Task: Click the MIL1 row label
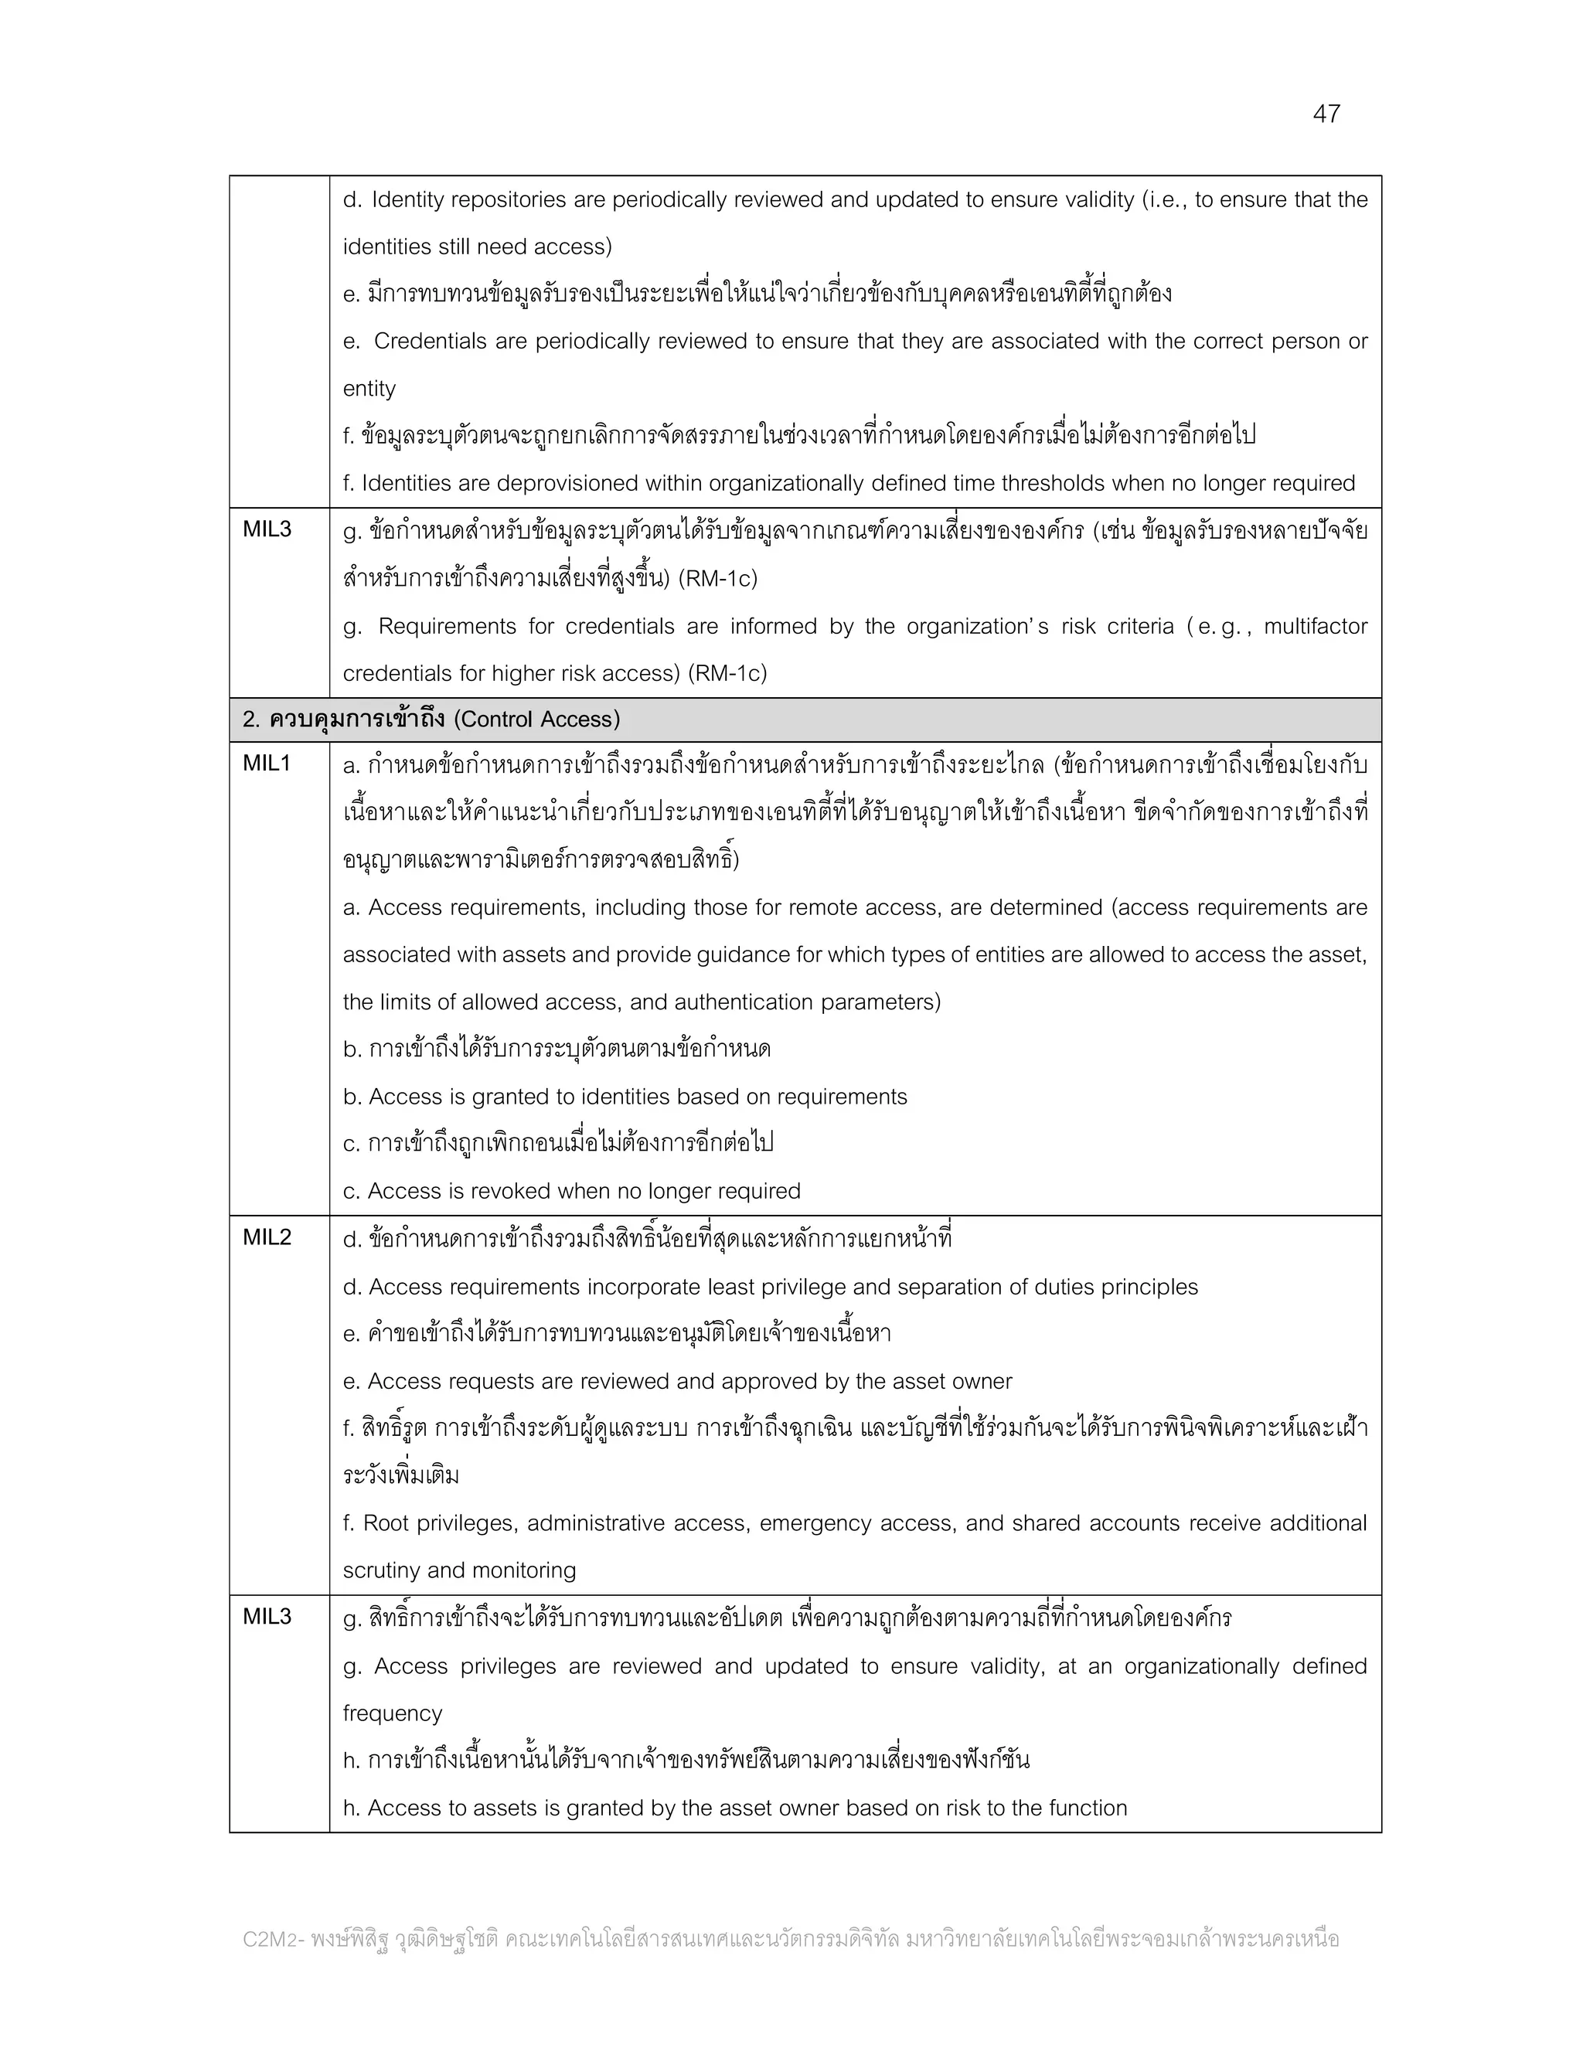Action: coord(267,764)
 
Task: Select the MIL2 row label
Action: coord(267,1238)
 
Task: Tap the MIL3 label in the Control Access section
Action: coord(267,1617)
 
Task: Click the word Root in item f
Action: coord(386,1523)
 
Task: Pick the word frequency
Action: coord(392,1713)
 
